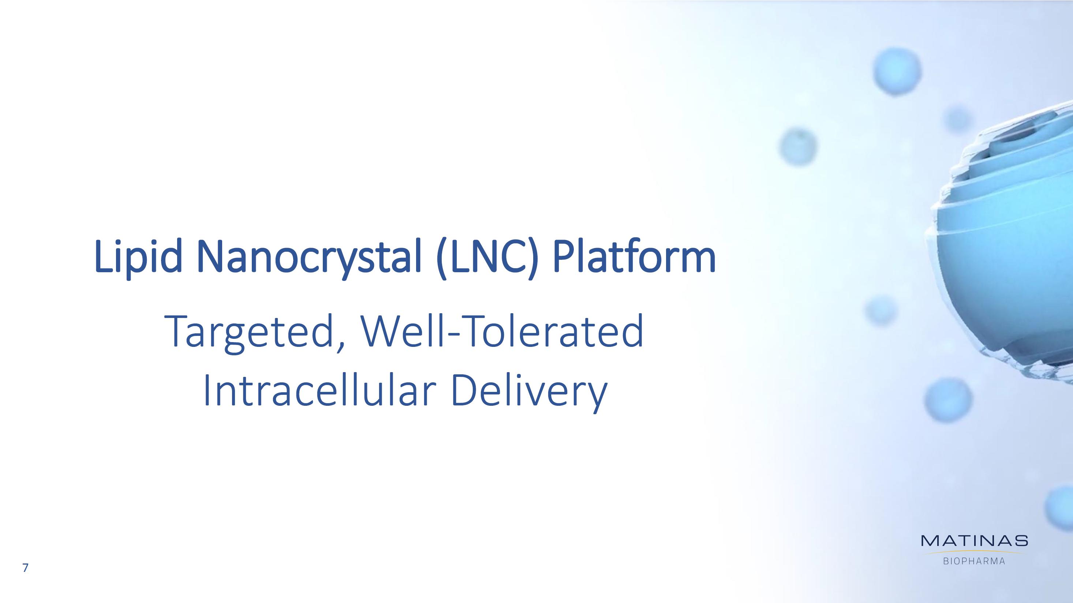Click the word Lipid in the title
pos(138,257)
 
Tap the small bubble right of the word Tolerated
pos(881,311)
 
